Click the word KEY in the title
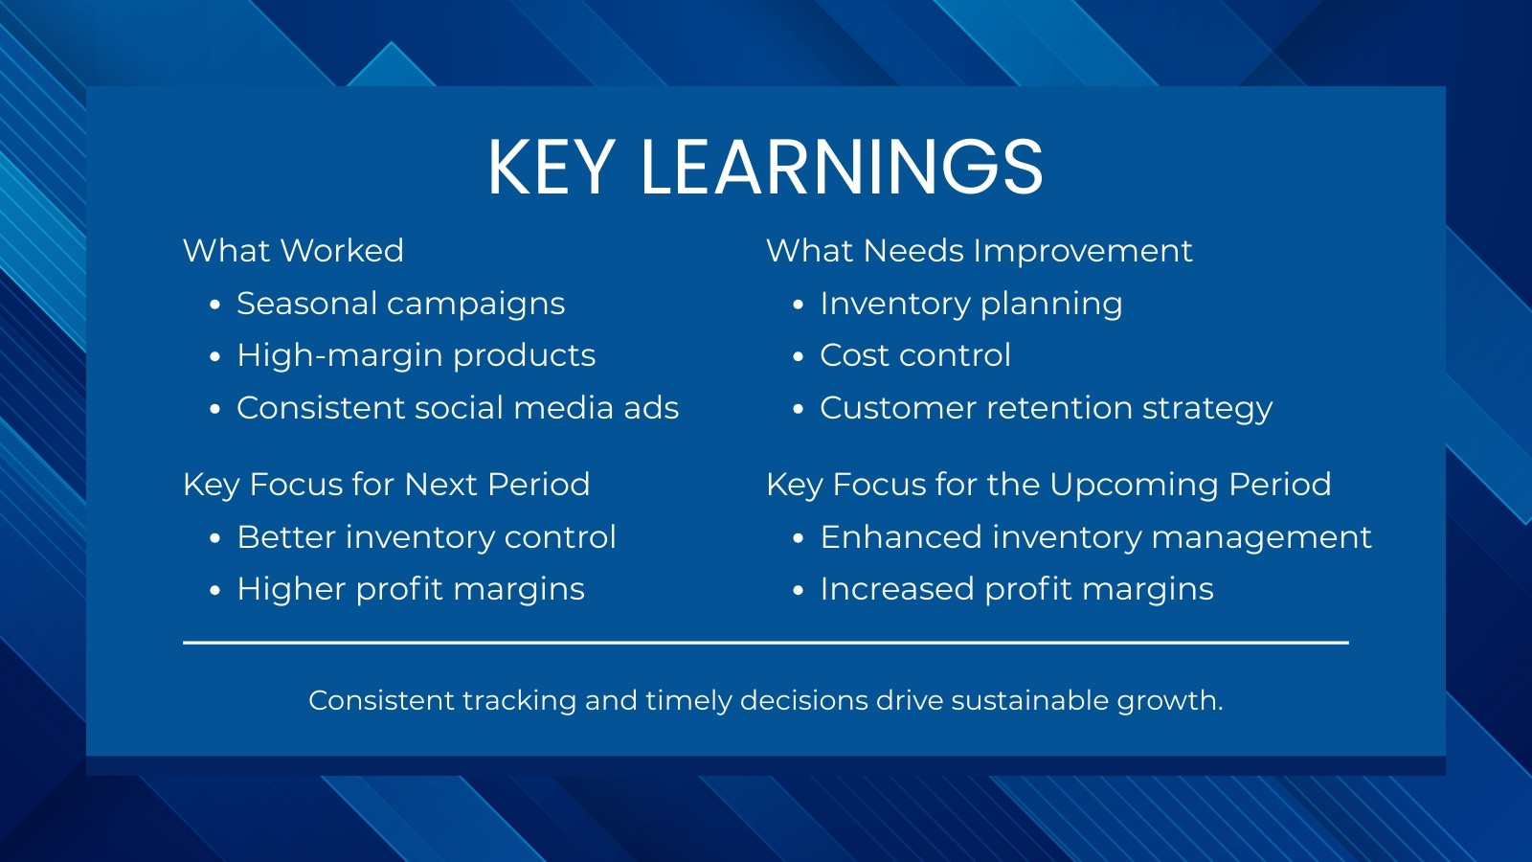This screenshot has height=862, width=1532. (550, 168)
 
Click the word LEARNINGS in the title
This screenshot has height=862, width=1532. (842, 168)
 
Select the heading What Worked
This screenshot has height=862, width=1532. (293, 250)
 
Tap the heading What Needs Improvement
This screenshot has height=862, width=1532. (980, 251)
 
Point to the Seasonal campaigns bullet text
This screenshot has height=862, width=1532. (401, 305)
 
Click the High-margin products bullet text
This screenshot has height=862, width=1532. (416, 355)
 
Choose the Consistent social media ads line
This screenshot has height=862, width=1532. (458, 408)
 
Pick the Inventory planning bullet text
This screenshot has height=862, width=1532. (971, 305)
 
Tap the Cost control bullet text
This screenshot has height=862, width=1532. (915, 355)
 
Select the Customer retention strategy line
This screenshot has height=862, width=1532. (1047, 409)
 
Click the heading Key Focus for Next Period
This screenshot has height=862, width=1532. (387, 485)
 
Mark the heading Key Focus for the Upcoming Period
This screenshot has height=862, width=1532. (1048, 486)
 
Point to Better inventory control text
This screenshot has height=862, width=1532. (426, 537)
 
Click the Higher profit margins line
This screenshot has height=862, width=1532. (411, 590)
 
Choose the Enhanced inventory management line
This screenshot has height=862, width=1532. (1095, 537)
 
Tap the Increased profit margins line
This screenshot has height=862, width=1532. (1017, 590)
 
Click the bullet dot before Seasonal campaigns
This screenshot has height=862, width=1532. (214, 306)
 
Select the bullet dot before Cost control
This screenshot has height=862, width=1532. (799, 356)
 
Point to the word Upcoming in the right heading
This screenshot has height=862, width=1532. (1135, 486)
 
